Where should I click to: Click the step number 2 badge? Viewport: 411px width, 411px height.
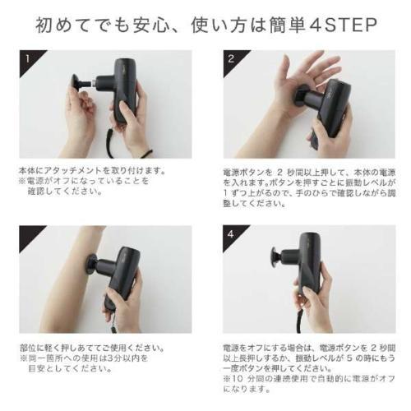(232, 59)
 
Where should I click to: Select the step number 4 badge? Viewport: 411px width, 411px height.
(232, 235)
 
